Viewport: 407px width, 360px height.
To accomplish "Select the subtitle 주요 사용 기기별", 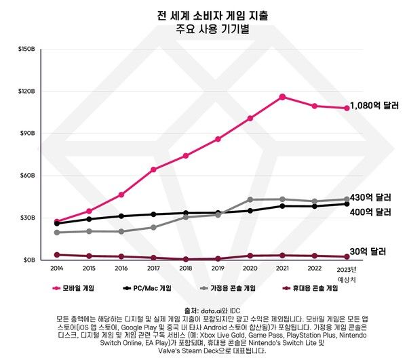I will pos(203,28).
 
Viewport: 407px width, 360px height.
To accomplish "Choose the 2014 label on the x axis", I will pos(56,268).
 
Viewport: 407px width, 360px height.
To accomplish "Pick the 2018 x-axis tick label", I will pos(186,268).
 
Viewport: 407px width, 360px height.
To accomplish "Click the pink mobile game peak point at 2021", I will pos(282,97).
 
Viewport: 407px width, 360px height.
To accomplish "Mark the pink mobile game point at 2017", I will pos(153,169).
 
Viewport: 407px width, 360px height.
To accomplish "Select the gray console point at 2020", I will pos(250,199).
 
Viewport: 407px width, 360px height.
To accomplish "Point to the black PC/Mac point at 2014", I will pos(57,223).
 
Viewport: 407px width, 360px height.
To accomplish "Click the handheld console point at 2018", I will pos(186,259).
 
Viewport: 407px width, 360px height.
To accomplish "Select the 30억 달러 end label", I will pos(368,252).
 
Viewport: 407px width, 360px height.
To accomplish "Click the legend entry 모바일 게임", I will pos(75,288).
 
